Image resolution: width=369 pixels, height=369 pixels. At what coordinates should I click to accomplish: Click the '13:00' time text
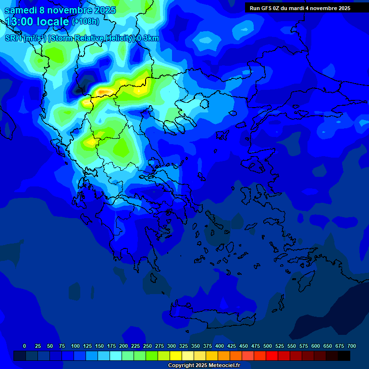[x=21, y=22]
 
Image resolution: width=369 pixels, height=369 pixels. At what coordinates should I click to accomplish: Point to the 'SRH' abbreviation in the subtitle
[x=13, y=38]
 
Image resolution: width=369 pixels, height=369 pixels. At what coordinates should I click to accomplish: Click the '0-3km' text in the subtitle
[x=148, y=38]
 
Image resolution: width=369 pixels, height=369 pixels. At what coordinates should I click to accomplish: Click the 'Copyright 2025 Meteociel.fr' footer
[x=204, y=366]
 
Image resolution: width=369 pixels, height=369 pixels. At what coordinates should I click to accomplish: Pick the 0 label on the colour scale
[x=25, y=346]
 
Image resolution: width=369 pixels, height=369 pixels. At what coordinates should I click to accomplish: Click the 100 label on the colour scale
[x=75, y=346]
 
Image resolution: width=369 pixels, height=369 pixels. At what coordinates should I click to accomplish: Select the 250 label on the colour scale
[x=148, y=346]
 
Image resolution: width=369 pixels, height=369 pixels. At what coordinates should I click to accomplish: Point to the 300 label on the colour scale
[x=172, y=346]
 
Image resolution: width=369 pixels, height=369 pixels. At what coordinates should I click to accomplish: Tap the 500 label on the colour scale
[x=268, y=346]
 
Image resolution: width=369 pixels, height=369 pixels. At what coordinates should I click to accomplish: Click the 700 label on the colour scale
[x=352, y=346]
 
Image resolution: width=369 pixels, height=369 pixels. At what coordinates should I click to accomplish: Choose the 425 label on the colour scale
[x=232, y=346]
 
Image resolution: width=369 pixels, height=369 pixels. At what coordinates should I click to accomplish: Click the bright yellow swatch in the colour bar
[x=176, y=356]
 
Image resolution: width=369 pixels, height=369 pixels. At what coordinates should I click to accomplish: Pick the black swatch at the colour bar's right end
[x=344, y=356]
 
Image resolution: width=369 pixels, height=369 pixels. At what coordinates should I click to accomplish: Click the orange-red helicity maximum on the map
[x=102, y=90]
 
